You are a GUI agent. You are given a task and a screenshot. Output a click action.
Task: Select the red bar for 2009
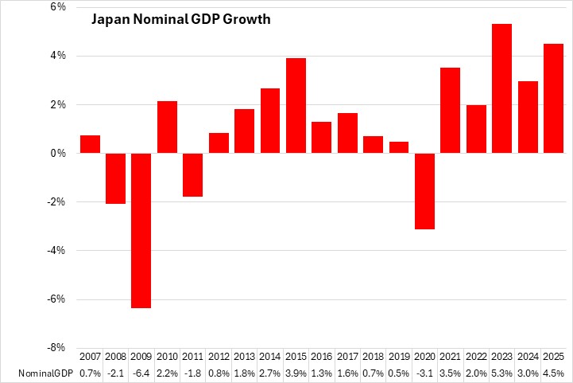point(141,230)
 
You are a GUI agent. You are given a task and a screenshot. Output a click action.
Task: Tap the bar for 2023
point(502,88)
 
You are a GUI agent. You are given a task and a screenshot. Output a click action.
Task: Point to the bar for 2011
point(193,174)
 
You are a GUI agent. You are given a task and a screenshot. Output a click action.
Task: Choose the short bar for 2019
point(399,147)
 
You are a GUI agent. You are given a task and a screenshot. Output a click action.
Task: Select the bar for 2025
point(554,98)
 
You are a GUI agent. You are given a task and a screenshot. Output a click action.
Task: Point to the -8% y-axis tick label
point(56,348)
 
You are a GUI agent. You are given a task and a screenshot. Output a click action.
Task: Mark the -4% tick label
point(56,251)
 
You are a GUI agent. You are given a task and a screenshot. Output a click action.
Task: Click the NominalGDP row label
point(38,373)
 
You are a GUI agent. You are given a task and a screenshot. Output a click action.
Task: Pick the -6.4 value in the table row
point(141,373)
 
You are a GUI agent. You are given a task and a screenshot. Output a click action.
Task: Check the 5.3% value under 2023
point(502,373)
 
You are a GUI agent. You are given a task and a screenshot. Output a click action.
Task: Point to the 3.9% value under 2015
point(296,373)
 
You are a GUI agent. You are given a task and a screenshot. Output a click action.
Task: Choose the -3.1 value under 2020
point(425,373)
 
